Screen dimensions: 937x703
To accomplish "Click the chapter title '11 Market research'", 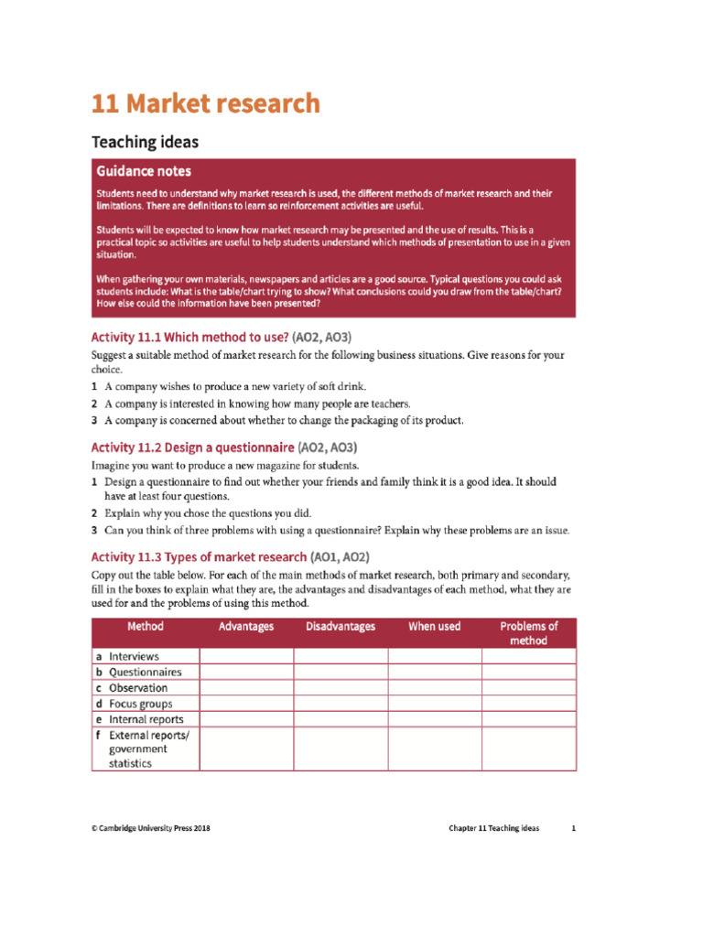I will tap(206, 104).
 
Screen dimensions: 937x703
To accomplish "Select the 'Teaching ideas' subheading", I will tap(145, 143).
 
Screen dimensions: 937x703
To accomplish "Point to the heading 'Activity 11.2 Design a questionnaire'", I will tap(193, 447).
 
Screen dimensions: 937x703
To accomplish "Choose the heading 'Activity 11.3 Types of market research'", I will tap(199, 556).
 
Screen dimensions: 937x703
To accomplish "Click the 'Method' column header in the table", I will tap(146, 627).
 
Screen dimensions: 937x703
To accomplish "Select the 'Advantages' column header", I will tap(246, 627).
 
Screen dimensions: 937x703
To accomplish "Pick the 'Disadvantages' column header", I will tap(341, 627).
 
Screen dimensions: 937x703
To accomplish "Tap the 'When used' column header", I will tap(435, 627).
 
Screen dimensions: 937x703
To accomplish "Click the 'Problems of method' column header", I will tap(529, 633).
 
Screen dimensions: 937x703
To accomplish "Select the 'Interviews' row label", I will tap(134, 656).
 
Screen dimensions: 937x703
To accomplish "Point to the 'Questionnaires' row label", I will tap(145, 672).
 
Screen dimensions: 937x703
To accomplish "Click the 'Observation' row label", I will tap(138, 687).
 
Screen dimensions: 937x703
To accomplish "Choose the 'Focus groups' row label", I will tap(140, 704).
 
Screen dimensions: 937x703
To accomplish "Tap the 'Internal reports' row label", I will tap(146, 719).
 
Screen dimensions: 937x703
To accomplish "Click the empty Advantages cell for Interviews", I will tap(246, 656).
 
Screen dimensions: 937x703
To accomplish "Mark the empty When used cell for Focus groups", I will tap(435, 704).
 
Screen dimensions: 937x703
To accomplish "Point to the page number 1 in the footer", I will tap(574, 828).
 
